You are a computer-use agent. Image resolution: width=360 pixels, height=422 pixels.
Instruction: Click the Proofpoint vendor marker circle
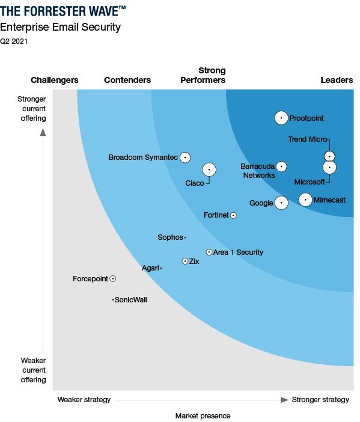point(281,118)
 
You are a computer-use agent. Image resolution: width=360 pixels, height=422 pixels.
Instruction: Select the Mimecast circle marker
point(305,200)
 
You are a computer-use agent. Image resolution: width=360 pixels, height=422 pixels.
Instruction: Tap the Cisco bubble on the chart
point(209,170)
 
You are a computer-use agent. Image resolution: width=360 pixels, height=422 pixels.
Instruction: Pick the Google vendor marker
point(281,203)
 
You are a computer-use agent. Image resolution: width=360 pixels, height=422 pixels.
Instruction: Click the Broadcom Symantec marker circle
point(185,157)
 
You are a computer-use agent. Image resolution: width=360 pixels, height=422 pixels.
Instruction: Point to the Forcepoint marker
point(112,279)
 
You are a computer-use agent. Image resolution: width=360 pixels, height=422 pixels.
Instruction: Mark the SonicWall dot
point(112,300)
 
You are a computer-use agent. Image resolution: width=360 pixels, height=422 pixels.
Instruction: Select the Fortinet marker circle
point(233,215)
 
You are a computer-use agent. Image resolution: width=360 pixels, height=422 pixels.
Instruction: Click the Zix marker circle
point(185,261)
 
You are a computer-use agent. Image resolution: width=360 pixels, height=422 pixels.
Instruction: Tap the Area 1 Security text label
point(239,252)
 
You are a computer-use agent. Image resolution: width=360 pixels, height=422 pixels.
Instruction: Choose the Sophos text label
point(169,237)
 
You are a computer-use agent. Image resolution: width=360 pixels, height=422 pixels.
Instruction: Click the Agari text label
point(150,268)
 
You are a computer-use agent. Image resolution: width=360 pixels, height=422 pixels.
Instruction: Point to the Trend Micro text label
point(308,139)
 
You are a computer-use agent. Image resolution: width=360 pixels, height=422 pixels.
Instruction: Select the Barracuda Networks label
point(258,171)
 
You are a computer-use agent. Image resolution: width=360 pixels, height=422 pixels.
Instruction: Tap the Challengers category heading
point(55,80)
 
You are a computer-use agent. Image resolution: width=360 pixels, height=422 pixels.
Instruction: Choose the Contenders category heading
point(127,80)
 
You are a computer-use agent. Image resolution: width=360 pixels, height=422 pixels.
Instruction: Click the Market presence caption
point(203,415)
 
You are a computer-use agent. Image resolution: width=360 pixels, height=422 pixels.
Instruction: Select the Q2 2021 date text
point(14,41)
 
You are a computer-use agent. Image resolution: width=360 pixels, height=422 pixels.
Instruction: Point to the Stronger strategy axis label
point(320,400)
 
